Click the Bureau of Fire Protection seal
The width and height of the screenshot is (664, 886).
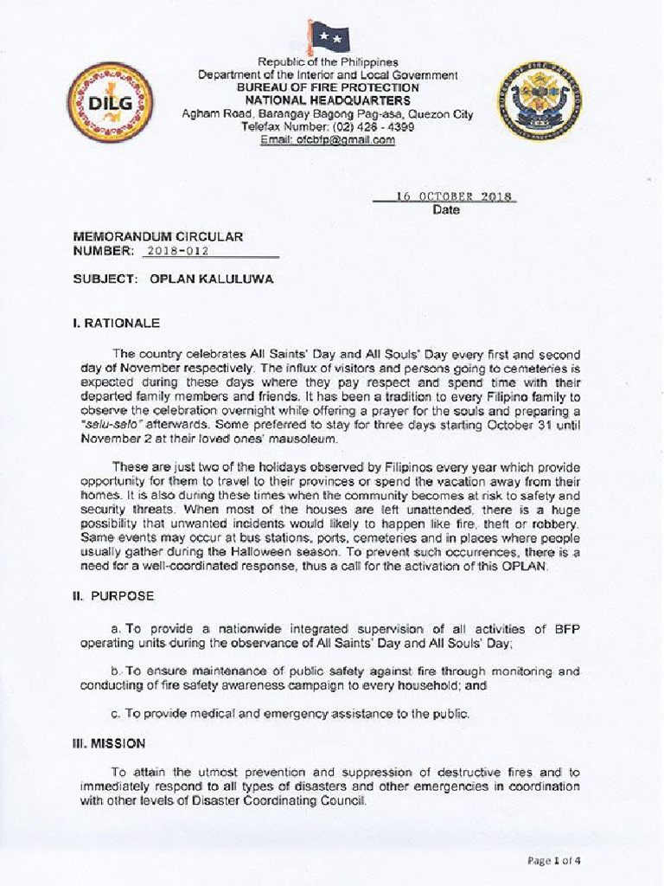(539, 100)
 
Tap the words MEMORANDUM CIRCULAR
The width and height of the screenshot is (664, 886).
(158, 236)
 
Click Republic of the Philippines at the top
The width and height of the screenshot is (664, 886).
(328, 62)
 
